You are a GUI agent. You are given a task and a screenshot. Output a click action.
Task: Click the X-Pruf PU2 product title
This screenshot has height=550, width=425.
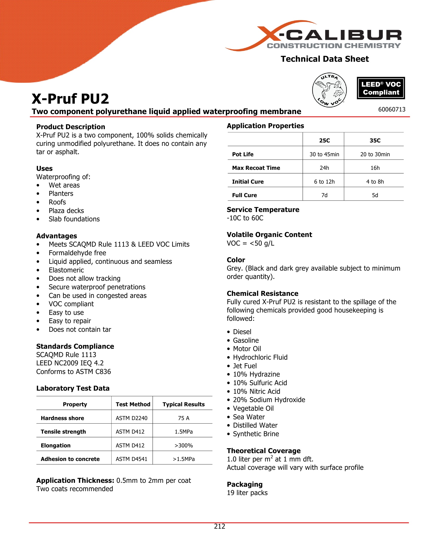[70, 99]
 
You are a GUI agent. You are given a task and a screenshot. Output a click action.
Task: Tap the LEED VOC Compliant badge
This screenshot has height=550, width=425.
[381, 88]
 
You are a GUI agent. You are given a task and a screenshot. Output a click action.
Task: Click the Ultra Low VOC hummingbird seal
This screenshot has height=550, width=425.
[329, 90]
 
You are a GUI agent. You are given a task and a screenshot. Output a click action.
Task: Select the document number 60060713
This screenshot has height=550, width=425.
[392, 109]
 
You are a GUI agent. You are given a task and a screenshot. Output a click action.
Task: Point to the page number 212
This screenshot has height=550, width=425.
[220, 526]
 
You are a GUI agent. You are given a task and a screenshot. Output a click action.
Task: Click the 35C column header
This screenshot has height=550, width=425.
[375, 141]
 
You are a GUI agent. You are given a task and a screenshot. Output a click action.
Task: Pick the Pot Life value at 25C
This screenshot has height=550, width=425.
[324, 154]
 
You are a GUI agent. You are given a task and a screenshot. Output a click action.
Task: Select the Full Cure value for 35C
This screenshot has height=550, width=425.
[375, 195]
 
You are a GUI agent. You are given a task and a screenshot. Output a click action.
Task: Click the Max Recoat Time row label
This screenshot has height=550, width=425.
[256, 168]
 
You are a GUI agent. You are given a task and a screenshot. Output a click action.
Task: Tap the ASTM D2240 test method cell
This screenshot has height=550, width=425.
[132, 418]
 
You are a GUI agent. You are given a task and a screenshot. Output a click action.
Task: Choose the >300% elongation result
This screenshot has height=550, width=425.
[184, 446]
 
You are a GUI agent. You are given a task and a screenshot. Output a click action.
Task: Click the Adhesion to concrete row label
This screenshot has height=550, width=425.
[70, 459]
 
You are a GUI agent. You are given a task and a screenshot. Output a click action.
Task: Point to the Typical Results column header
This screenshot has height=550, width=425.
[184, 404]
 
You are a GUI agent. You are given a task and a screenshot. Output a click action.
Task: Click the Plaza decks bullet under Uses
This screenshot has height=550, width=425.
[66, 211]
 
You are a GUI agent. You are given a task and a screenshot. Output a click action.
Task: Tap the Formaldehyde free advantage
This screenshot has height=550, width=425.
[77, 253]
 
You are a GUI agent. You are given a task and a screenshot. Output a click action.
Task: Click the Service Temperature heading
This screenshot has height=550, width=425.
[263, 210]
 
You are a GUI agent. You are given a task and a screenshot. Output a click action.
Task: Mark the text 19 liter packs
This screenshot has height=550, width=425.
[247, 493]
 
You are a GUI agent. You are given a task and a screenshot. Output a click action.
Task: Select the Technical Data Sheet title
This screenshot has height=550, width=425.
[325, 59]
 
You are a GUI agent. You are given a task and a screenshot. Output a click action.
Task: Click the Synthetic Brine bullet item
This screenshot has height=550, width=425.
[256, 434]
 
